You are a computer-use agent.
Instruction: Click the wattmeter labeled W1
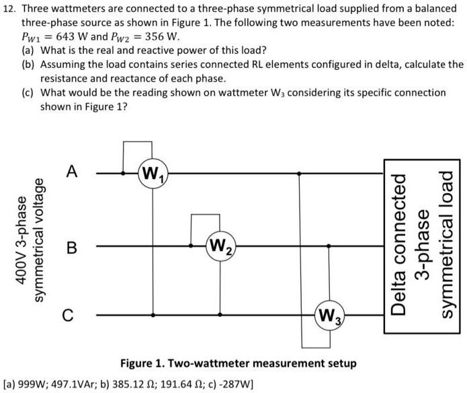coord(154,177)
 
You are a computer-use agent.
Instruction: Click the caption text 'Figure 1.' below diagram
coord(142,363)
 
